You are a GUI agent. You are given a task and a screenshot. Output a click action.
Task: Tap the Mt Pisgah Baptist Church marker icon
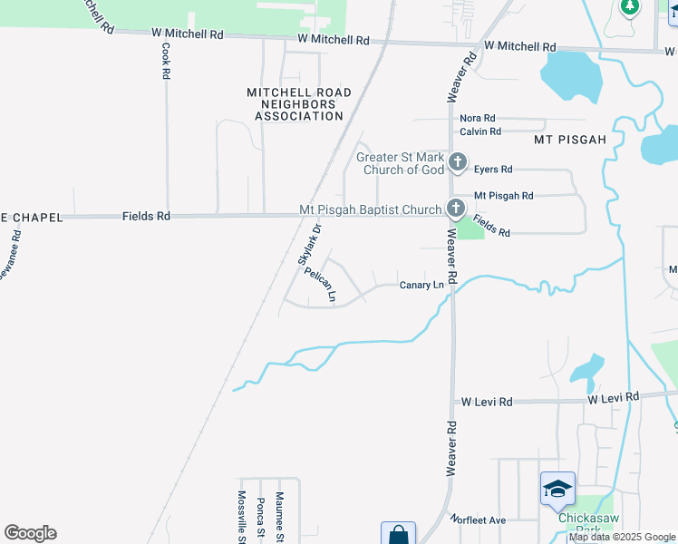coord(455,209)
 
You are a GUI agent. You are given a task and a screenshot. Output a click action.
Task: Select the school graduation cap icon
coord(557,490)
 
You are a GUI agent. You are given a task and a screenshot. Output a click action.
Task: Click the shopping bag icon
coord(398,535)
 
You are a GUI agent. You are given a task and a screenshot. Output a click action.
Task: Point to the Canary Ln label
coord(421,286)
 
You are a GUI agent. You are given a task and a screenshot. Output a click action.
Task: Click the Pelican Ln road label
coord(321,285)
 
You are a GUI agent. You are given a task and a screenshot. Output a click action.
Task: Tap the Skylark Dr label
coord(310,246)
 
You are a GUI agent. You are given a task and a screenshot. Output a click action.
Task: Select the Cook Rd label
coord(166,63)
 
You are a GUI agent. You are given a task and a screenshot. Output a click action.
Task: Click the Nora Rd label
coord(478,119)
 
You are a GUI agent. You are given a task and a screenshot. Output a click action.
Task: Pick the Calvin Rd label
coord(480,132)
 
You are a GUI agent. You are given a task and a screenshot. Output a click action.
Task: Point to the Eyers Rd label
coord(493,170)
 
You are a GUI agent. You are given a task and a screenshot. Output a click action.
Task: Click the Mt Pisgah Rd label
coord(504,196)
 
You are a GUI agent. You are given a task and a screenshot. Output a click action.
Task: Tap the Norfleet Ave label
coord(480,520)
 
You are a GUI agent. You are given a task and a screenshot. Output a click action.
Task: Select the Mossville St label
coord(242,517)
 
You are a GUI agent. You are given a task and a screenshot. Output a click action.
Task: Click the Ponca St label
coord(261,519)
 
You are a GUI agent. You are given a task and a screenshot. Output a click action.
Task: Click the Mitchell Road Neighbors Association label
coord(298,104)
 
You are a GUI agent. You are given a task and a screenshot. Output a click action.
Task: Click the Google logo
coord(30,533)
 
